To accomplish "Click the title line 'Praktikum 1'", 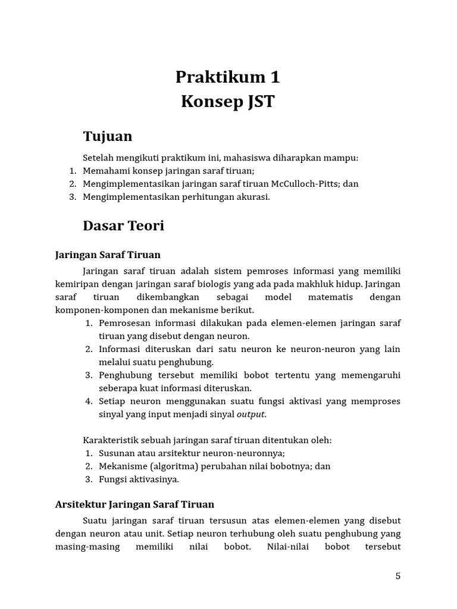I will tap(227, 77).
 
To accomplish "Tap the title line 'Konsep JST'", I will tap(227, 102).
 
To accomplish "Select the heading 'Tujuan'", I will tap(107, 136).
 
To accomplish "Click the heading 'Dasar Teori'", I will tap(123, 226).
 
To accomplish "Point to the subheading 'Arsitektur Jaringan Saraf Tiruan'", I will tap(134, 504).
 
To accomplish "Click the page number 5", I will tap(397, 576).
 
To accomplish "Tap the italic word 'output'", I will tap(251, 415).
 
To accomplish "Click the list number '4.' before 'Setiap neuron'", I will tap(89, 401).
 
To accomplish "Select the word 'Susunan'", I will tap(116, 453).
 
